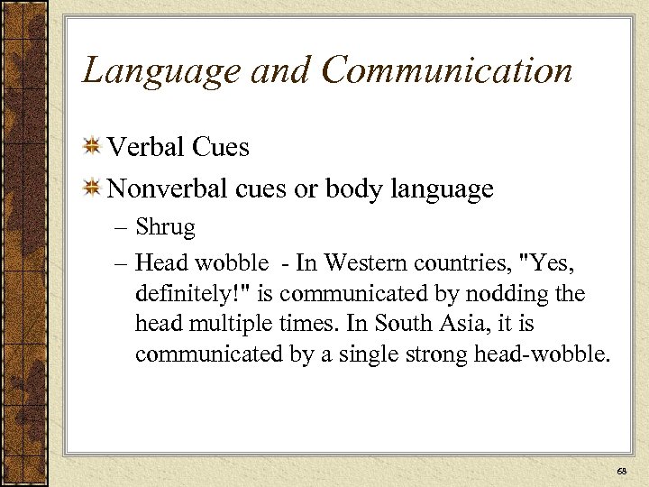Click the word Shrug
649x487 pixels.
pos(165,227)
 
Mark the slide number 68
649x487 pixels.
pos(621,472)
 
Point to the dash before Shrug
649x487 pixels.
pos(123,228)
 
